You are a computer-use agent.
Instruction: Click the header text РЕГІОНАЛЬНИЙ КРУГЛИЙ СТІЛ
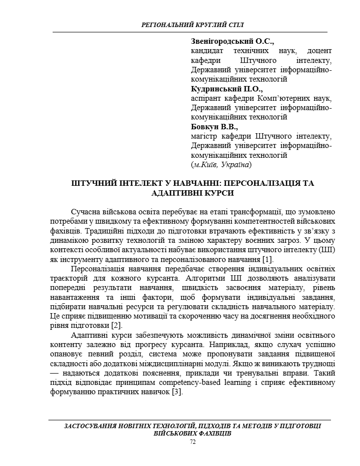coord(192,25)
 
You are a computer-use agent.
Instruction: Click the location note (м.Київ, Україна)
coord(221,165)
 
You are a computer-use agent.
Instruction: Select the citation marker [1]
coord(268,259)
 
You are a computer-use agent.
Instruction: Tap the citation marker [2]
coord(116,325)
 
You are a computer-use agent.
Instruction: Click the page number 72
coord(192,442)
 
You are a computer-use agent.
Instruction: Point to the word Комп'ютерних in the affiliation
coord(276,98)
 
